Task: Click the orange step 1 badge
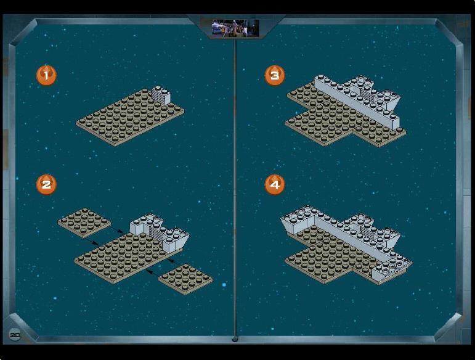point(46,75)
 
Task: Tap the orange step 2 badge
point(46,184)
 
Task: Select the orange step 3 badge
point(275,75)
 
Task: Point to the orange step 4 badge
point(275,184)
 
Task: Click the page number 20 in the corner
point(15,335)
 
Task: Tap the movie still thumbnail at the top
point(235,28)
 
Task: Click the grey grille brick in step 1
point(160,95)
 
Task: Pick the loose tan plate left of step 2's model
point(84,223)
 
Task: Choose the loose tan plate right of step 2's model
point(185,279)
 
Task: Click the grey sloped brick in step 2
point(176,241)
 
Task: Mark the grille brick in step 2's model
point(157,232)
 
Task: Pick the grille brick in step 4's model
point(367,231)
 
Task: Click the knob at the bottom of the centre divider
point(235,339)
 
